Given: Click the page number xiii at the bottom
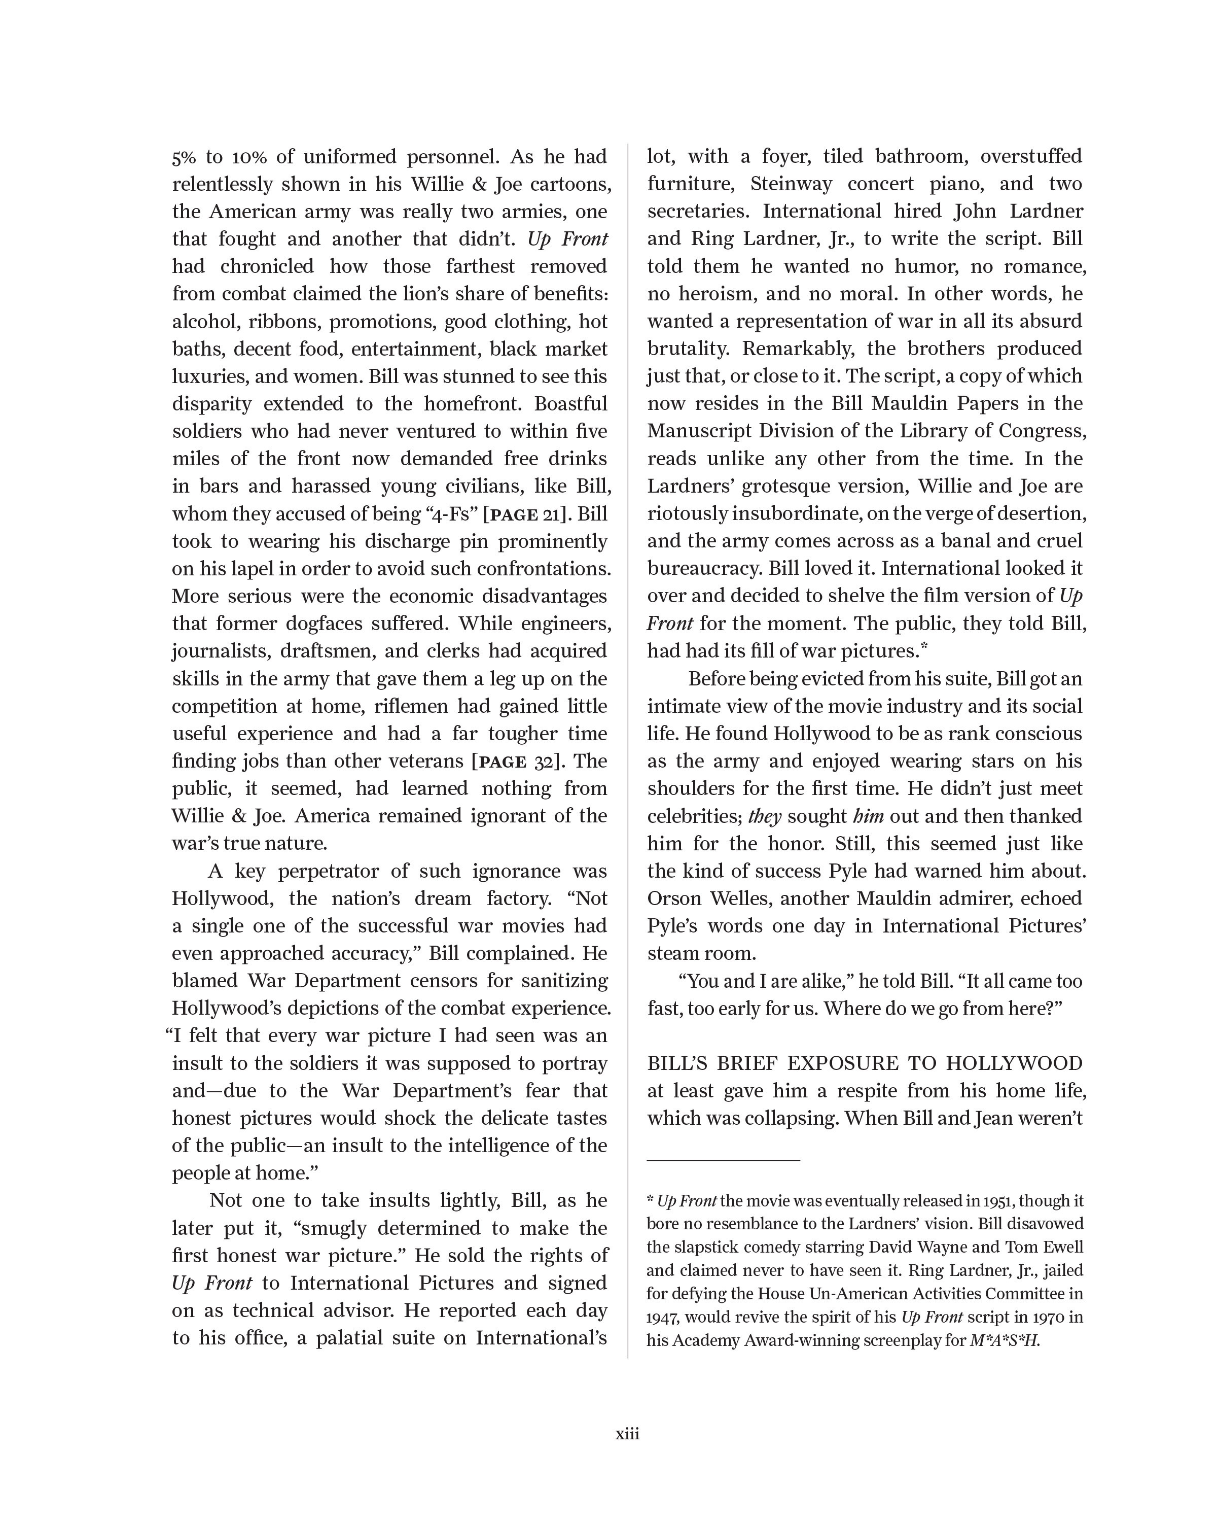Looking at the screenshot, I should pos(627,1433).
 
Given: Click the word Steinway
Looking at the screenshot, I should pos(791,184).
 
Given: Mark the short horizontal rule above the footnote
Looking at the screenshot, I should pos(723,1159).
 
